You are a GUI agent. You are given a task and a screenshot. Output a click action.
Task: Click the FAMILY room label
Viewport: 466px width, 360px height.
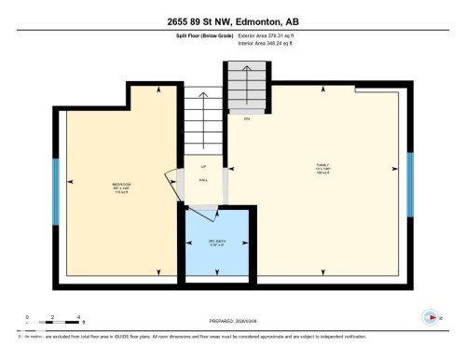pos(322,168)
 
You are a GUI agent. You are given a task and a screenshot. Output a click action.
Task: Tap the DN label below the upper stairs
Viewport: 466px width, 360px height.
pos(247,118)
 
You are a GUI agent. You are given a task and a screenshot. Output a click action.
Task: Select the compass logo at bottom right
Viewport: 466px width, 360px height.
pos(430,317)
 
